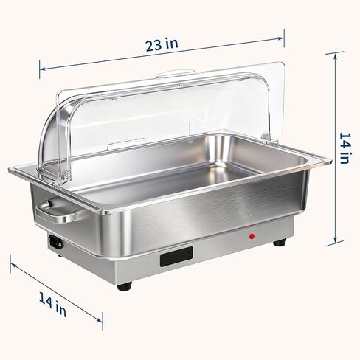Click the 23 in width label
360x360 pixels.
click(x=162, y=44)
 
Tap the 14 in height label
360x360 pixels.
click(x=345, y=148)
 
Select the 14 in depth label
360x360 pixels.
click(x=52, y=305)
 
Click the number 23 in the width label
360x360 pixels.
click(x=154, y=46)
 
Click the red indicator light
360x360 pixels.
click(x=252, y=236)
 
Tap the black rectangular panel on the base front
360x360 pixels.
click(x=176, y=257)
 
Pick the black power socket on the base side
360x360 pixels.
click(x=55, y=242)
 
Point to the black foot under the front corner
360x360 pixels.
click(x=125, y=286)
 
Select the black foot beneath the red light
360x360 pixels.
click(x=280, y=242)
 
